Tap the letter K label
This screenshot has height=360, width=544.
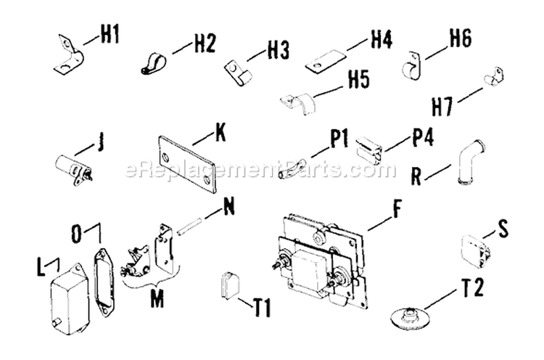click(x=221, y=134)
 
